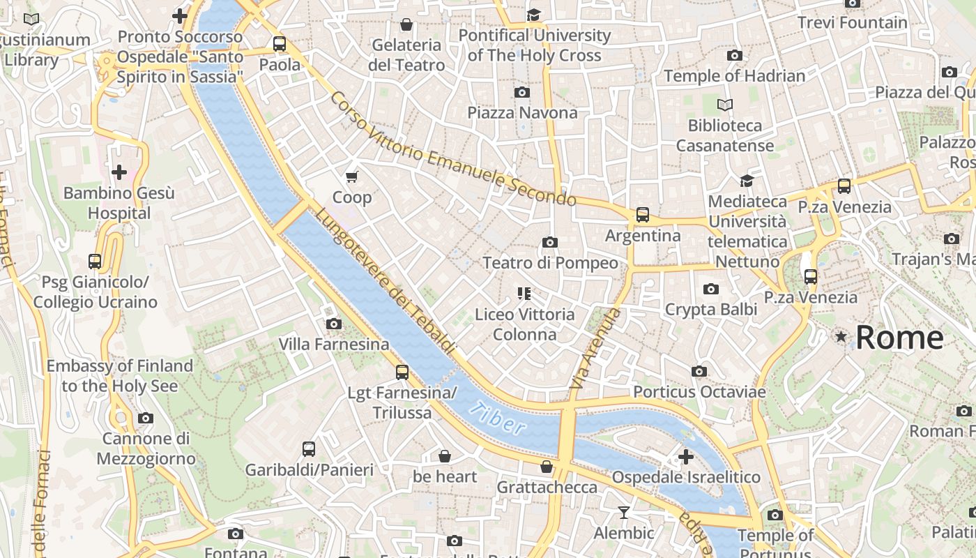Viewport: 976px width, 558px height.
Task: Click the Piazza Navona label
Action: click(522, 112)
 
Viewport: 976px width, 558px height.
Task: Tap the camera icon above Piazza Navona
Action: click(521, 92)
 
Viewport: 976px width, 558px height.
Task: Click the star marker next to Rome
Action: click(841, 338)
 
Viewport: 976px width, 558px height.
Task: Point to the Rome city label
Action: click(899, 338)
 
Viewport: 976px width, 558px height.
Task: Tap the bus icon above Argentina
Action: click(642, 215)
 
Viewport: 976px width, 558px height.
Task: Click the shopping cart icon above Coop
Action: click(352, 176)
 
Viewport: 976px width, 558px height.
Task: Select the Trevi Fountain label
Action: click(852, 22)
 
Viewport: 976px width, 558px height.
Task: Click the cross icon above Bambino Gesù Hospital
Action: click(119, 172)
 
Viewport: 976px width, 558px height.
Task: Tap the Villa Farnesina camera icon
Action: click(334, 324)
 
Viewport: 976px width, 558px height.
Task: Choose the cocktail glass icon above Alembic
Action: click(624, 513)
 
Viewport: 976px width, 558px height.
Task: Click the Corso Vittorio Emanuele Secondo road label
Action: click(453, 149)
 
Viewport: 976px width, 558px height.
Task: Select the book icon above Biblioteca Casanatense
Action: click(725, 105)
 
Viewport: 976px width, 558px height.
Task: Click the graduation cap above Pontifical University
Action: click(534, 15)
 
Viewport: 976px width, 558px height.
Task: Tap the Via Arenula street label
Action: click(595, 348)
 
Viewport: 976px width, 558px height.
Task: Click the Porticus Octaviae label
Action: click(699, 392)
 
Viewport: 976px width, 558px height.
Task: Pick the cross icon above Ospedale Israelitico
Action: click(686, 457)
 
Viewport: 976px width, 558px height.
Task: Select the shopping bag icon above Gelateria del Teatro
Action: click(406, 24)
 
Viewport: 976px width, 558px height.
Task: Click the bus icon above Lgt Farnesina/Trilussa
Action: click(402, 372)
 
